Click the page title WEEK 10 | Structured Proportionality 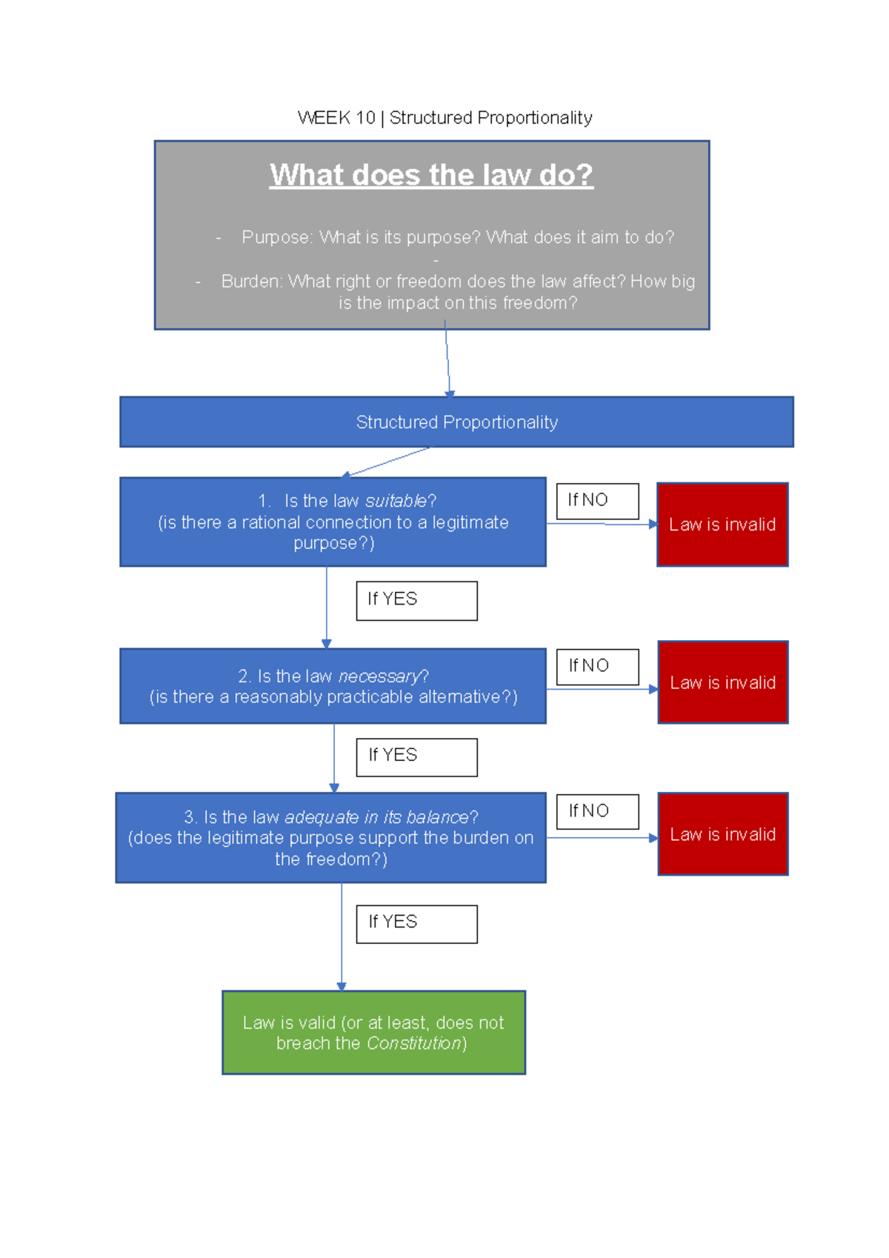point(444,118)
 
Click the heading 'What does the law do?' point(431,175)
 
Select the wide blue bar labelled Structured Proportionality point(456,422)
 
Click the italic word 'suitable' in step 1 point(396,501)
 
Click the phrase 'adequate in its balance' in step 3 point(376,817)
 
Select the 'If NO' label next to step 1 point(597,501)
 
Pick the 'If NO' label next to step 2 point(597,667)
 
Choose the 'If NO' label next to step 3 point(597,811)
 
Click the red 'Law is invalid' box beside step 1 point(722,525)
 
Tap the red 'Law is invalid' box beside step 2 point(722,682)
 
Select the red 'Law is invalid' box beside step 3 point(722,834)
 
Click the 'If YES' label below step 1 point(416,600)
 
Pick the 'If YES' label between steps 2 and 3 point(416,756)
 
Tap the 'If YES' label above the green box point(416,923)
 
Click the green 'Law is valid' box point(373,1032)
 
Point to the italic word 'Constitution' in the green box point(414,1043)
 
